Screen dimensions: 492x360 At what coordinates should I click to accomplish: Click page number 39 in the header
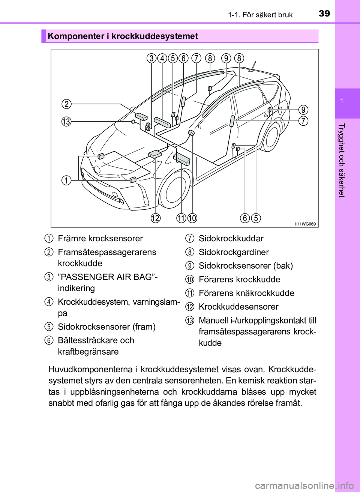[x=324, y=14]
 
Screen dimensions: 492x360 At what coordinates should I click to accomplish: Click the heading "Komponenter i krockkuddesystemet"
[x=123, y=36]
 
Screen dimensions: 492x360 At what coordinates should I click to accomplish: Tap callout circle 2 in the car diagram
[x=66, y=104]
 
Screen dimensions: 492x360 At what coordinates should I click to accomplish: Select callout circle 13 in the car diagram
[x=66, y=122]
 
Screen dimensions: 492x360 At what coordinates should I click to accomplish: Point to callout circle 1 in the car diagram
[x=66, y=180]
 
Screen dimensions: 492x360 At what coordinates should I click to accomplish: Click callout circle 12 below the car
[x=156, y=218]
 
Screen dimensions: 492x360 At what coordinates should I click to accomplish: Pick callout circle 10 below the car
[x=192, y=218]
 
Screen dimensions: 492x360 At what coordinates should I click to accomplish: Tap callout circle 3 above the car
[x=151, y=58]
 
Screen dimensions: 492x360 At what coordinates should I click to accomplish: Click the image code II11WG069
[x=305, y=224]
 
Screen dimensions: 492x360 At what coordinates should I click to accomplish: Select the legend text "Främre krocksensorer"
[x=100, y=239]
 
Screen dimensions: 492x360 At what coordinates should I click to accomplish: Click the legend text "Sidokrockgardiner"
[x=234, y=252]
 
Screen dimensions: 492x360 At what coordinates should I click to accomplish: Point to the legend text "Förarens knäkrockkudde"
[x=246, y=293]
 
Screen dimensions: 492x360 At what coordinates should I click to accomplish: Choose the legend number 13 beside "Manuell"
[x=190, y=320]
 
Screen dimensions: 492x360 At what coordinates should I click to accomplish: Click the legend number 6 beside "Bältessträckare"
[x=49, y=340]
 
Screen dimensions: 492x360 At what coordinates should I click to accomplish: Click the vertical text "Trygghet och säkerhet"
[x=341, y=160]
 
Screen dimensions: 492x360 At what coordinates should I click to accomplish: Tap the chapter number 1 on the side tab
[x=342, y=101]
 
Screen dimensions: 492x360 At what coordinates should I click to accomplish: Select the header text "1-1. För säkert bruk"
[x=260, y=15]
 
